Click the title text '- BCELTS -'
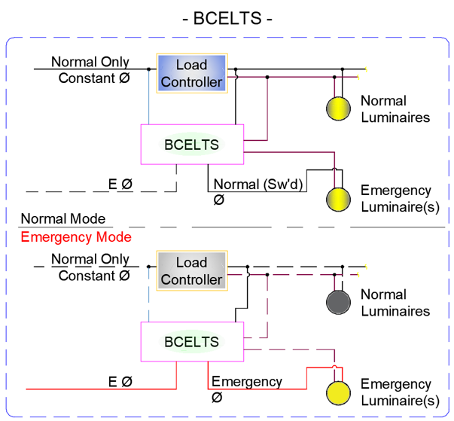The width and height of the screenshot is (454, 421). tap(227, 18)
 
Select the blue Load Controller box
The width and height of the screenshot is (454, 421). tap(192, 73)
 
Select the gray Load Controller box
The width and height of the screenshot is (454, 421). tap(192, 270)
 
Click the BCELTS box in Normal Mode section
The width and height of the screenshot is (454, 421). tap(192, 145)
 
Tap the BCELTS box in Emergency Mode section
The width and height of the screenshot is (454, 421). tap(192, 342)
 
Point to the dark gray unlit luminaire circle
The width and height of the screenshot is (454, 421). tap(338, 302)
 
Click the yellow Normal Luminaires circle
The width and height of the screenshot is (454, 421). tap(338, 108)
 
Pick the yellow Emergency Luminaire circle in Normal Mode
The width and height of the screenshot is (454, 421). tap(338, 200)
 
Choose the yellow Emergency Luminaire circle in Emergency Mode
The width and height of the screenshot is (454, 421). tap(338, 393)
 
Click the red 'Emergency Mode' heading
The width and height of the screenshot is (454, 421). tap(76, 236)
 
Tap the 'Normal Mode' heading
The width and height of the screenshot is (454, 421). tap(63, 218)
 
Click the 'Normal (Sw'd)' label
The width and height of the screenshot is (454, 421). tap(258, 185)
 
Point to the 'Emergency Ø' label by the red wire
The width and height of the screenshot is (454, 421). tap(247, 389)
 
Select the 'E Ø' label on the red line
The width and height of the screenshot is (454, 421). tap(120, 382)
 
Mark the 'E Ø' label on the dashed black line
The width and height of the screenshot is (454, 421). tap(120, 184)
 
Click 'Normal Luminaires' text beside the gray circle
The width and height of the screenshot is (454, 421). tap(395, 303)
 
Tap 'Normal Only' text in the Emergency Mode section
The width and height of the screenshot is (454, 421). tap(90, 259)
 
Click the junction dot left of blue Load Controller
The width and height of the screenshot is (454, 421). tap(148, 69)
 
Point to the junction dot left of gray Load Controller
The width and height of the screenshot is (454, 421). tap(148, 267)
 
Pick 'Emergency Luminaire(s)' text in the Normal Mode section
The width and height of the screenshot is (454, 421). tap(400, 199)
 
